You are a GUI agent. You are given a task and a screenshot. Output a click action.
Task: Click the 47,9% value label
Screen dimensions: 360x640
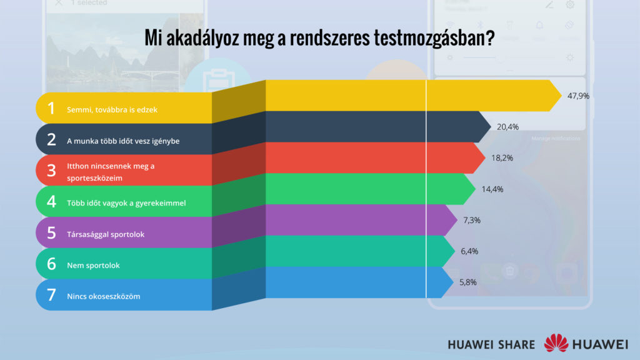click(579, 96)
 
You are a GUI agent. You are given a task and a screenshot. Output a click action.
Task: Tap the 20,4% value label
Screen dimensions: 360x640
click(507, 127)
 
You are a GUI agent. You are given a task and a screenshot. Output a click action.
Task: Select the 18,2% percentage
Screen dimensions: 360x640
click(502, 158)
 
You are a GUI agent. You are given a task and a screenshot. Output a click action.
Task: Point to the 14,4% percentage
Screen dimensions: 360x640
click(492, 189)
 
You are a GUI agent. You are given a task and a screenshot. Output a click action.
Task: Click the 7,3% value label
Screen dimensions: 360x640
click(471, 220)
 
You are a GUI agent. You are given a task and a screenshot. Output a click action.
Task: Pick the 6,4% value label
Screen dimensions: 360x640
click(471, 251)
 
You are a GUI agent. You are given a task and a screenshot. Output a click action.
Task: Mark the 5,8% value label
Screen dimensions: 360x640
click(467, 282)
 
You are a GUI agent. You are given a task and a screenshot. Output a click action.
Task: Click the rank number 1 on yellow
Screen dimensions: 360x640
click(51, 109)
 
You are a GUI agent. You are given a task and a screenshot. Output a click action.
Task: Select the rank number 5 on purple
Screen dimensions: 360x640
click(51, 233)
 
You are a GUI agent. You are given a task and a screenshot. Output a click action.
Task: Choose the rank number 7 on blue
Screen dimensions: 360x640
click(51, 295)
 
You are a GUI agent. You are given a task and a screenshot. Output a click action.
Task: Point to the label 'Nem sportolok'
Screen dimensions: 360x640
click(93, 266)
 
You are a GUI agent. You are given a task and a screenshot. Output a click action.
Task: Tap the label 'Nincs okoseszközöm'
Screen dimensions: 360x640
click(103, 296)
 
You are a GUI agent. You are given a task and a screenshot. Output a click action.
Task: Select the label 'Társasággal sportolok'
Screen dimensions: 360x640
click(106, 234)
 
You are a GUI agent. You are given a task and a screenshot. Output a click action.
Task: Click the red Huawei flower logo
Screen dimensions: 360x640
click(556, 344)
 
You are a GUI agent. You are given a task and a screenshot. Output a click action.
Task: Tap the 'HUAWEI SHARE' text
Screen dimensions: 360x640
click(491, 344)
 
